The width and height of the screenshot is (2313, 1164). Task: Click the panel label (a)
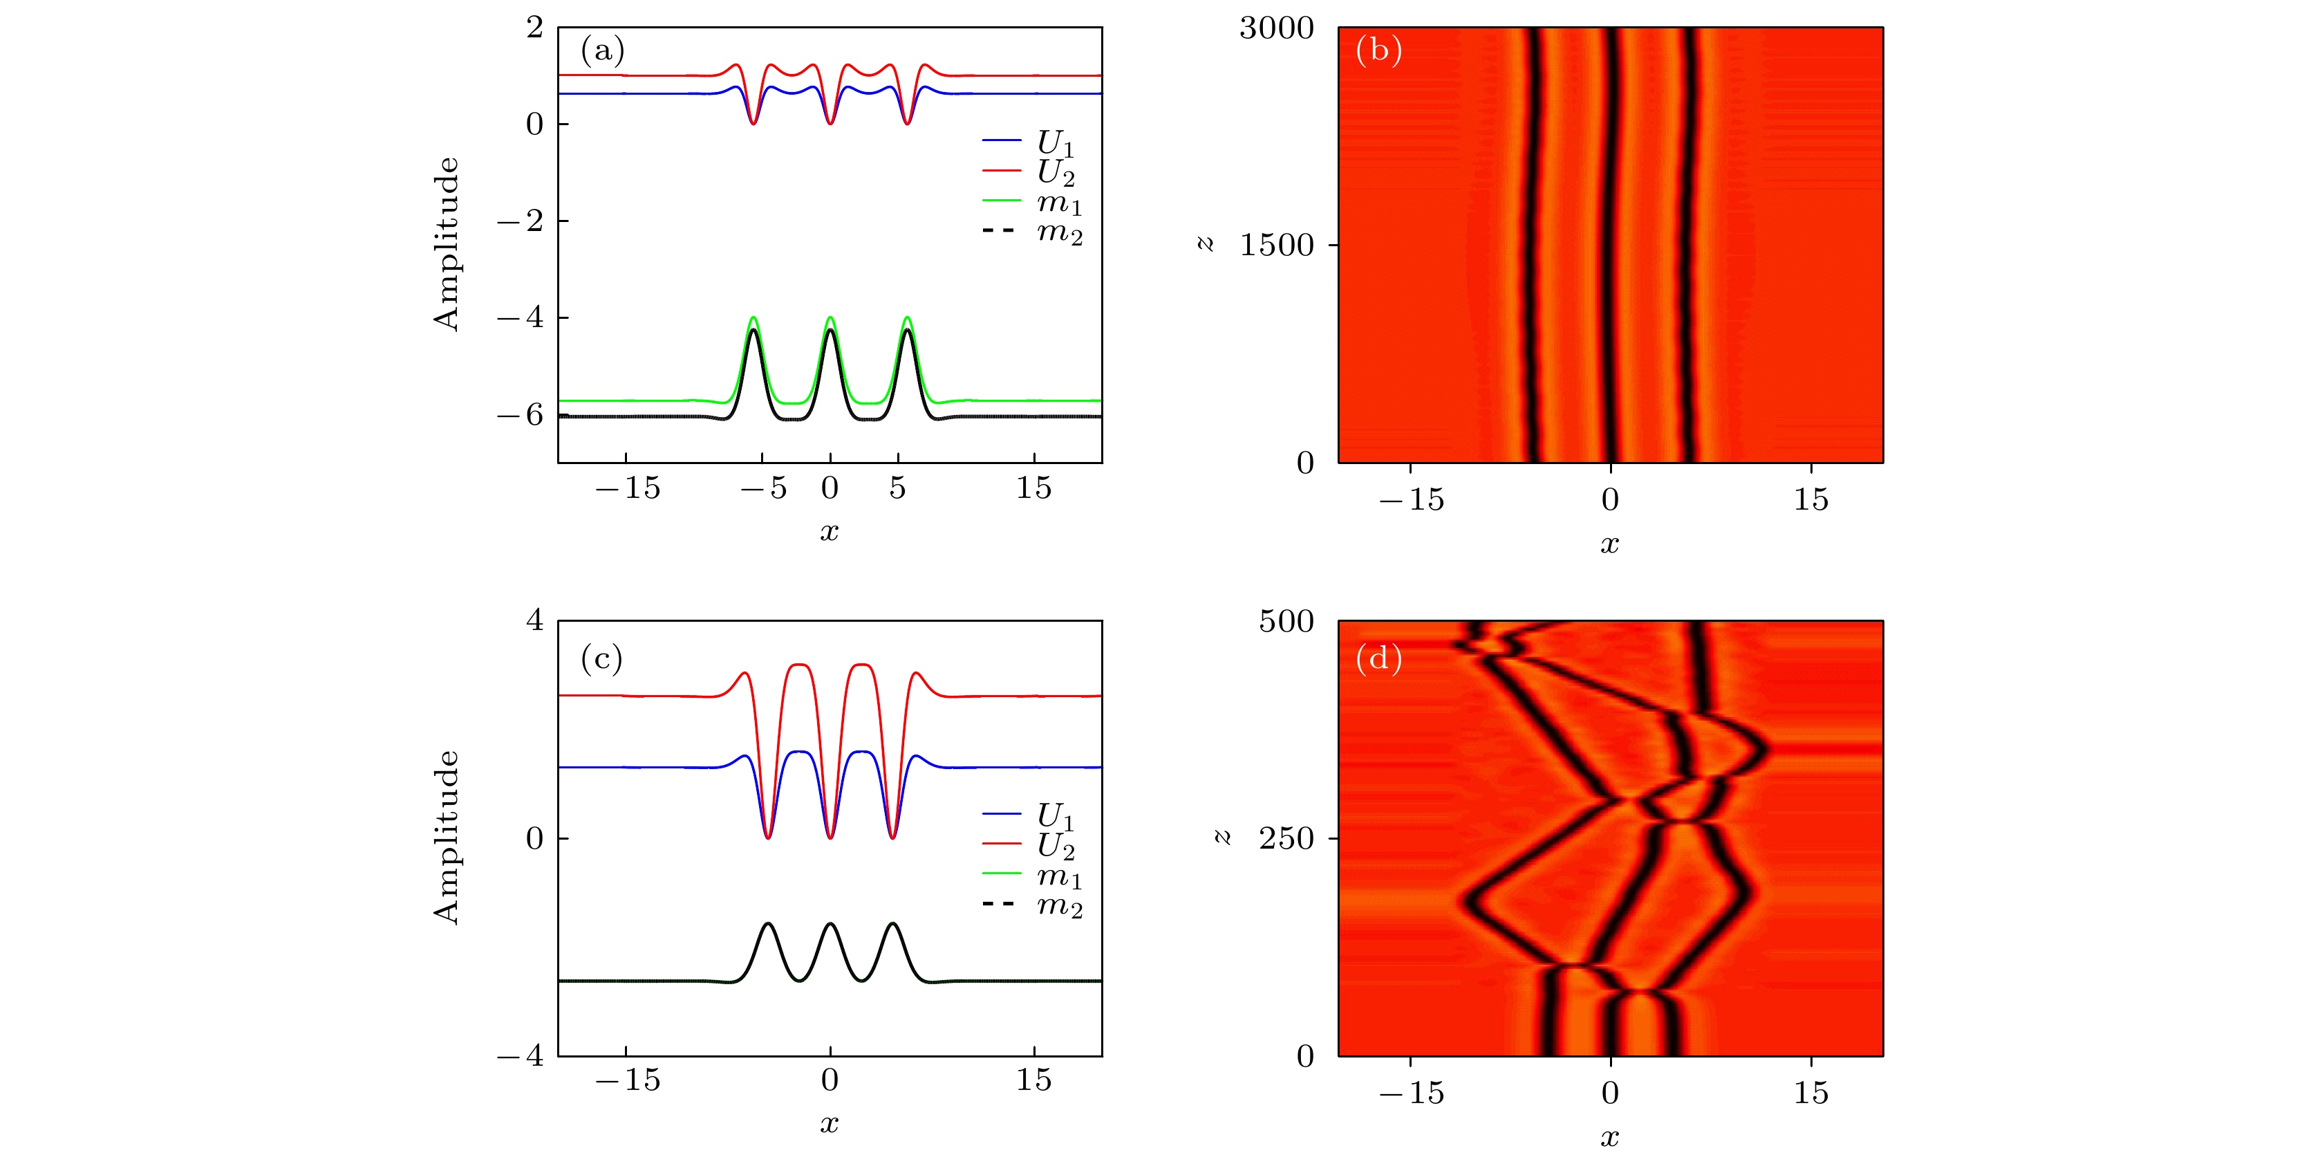[603, 50]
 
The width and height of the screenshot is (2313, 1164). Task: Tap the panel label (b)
[1379, 50]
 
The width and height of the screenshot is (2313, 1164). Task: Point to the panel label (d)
[1379, 659]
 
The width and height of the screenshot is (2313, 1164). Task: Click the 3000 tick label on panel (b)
[1276, 29]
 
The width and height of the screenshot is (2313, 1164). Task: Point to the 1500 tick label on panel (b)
[1276, 246]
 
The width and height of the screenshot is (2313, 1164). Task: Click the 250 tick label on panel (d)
[1286, 839]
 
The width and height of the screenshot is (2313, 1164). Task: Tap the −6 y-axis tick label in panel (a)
[520, 415]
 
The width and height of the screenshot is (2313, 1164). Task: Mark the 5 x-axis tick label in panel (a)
[897, 488]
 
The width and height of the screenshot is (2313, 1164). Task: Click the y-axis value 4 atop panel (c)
[534, 620]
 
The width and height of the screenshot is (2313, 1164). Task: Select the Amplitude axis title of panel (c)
[447, 837]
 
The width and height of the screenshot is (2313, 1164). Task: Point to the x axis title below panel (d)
[1609, 1138]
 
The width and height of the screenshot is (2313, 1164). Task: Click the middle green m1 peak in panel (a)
[830, 318]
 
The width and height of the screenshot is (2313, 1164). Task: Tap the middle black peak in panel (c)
[830, 923]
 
